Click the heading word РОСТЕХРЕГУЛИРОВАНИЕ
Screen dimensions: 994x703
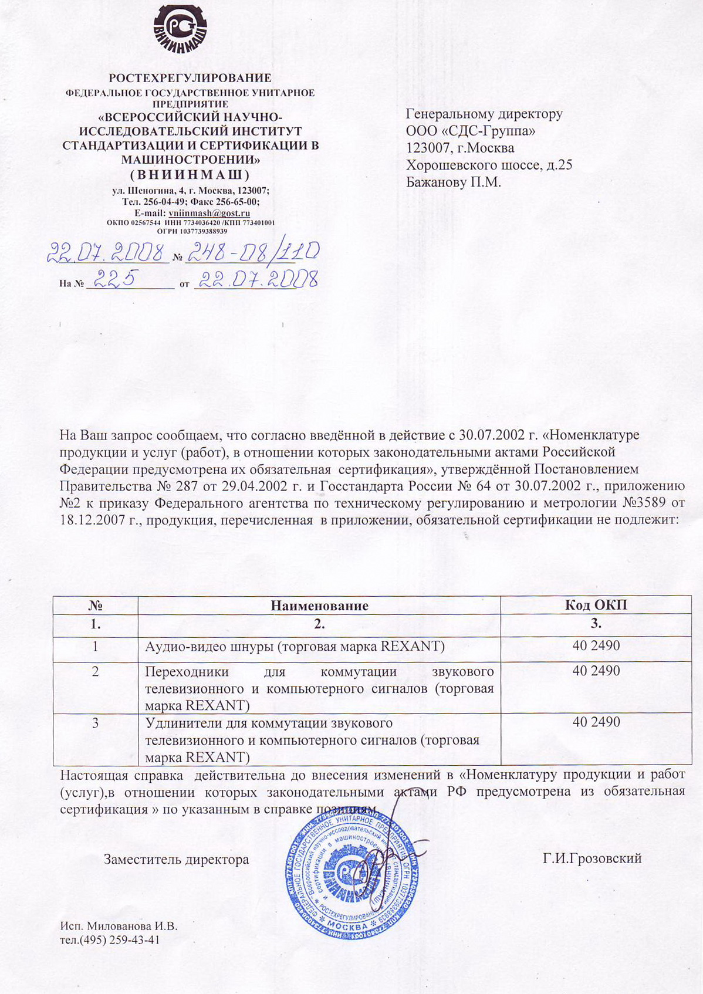pos(190,78)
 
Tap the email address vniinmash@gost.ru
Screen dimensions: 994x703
pos(209,214)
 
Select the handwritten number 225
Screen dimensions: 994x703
pos(115,279)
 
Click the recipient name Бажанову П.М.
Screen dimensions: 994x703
pos(454,182)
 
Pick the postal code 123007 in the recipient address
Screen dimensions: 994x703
pos(426,148)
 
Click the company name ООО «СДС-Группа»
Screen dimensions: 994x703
pos(471,131)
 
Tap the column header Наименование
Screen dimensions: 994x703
pos(319,606)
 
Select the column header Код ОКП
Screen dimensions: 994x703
pos(596,606)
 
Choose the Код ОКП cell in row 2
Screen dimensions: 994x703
pos(596,671)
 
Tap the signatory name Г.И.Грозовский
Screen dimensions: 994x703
pos(592,858)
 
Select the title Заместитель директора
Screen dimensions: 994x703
pos(177,860)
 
